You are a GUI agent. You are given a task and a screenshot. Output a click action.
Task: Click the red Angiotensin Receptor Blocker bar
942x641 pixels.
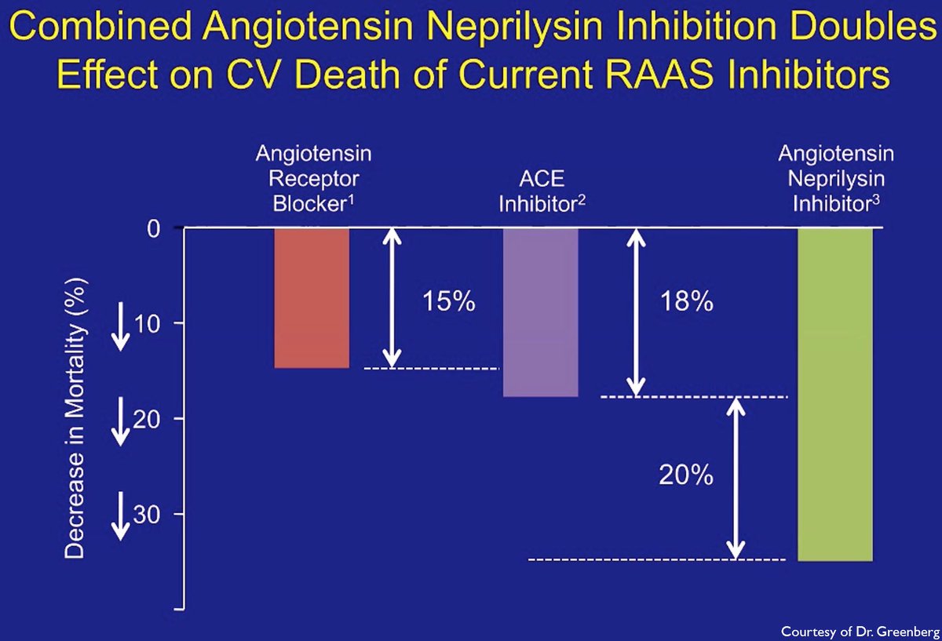[x=312, y=297]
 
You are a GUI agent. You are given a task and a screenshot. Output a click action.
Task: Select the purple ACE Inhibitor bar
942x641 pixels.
[x=541, y=311]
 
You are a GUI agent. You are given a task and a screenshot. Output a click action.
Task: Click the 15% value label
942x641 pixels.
[x=448, y=301]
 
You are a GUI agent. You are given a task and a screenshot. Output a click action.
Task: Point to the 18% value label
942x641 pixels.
[x=687, y=301]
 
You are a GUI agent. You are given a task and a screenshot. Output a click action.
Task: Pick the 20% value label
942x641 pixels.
[x=687, y=475]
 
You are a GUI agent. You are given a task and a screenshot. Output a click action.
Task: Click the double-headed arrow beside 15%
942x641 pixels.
[x=392, y=297]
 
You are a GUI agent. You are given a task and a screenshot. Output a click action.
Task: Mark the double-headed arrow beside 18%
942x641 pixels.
[x=637, y=311]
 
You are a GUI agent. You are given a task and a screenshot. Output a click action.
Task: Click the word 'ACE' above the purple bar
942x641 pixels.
[x=541, y=179]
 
